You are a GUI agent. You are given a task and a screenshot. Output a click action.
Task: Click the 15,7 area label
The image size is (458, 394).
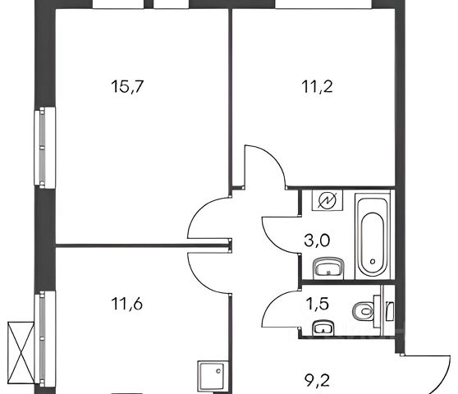pyautogui.click(x=128, y=86)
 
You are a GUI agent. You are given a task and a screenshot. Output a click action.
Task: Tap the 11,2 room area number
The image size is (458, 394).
pyautogui.click(x=317, y=86)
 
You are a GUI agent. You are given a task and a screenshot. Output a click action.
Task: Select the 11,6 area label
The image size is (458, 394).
pyautogui.click(x=127, y=304)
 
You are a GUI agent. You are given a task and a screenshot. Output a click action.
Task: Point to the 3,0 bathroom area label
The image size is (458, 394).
pyautogui.click(x=317, y=241)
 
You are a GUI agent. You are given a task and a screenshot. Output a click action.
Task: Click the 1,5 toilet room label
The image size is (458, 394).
pyautogui.click(x=317, y=304)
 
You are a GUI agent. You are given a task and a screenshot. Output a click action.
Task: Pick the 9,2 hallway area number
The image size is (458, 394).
pyautogui.click(x=317, y=381)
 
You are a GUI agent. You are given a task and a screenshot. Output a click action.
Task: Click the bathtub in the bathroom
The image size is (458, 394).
pyautogui.click(x=373, y=235)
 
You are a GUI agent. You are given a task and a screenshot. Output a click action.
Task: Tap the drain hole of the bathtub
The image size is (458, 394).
pyautogui.click(x=373, y=261)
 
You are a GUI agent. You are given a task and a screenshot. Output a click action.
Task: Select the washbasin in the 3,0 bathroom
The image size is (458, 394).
pyautogui.click(x=328, y=268)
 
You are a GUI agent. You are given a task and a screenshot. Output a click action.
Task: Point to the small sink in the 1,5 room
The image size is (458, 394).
pyautogui.click(x=323, y=328)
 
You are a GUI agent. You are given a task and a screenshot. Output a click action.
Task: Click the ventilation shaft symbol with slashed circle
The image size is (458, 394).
pyautogui.click(x=327, y=200)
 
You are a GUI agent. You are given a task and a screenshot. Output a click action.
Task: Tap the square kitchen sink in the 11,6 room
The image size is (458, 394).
pyautogui.click(x=213, y=375)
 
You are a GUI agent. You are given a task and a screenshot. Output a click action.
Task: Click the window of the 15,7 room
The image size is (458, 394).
pyautogui.click(x=44, y=148)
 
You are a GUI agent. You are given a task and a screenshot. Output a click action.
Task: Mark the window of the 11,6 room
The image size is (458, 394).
pyautogui.click(x=44, y=339)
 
